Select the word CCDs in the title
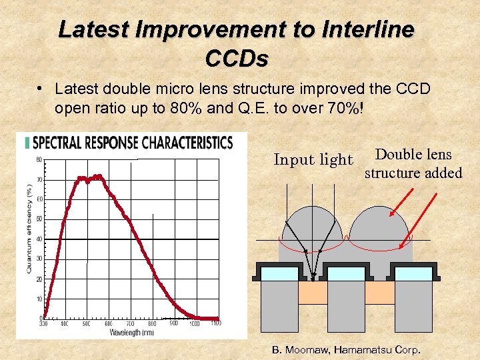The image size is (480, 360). coord(237,59)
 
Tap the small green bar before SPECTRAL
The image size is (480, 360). coord(27,143)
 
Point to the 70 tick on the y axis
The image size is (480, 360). coord(39,180)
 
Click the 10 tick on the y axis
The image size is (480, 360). coord(39,299)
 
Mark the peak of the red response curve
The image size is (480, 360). coord(98,177)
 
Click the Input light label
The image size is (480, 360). coord(313,160)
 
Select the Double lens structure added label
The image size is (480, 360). coord(413,164)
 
